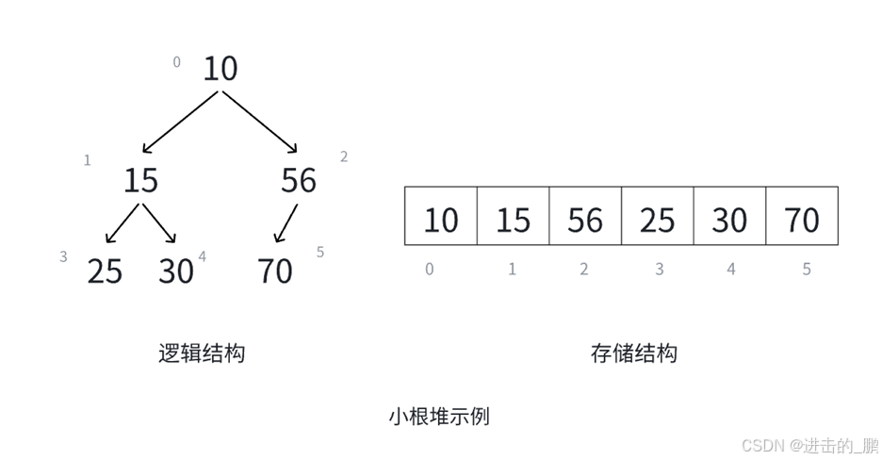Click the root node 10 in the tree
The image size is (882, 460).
pyautogui.click(x=220, y=69)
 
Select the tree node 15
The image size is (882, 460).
pyautogui.click(x=140, y=180)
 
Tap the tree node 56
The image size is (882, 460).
pyautogui.click(x=299, y=180)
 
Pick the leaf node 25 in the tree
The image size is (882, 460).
pyautogui.click(x=105, y=271)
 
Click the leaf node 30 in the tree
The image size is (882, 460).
pyautogui.click(x=176, y=271)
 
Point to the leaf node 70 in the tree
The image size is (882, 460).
pyautogui.click(x=275, y=271)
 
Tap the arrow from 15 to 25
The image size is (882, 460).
pyautogui.click(x=122, y=224)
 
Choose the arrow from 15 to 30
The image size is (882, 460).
pyautogui.click(x=159, y=224)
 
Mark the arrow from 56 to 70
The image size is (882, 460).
pyautogui.click(x=285, y=224)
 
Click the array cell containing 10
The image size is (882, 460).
pyautogui.click(x=440, y=217)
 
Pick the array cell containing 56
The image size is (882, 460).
pyautogui.click(x=585, y=217)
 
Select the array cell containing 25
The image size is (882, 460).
pyautogui.click(x=658, y=217)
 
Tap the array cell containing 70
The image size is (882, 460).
pyautogui.click(x=802, y=217)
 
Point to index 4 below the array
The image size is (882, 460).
pyautogui.click(x=731, y=270)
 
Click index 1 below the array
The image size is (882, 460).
pyautogui.click(x=512, y=270)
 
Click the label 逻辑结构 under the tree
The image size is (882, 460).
pyautogui.click(x=202, y=353)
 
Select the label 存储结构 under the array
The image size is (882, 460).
pyautogui.click(x=633, y=353)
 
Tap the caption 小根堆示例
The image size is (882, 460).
pyautogui.click(x=439, y=416)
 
